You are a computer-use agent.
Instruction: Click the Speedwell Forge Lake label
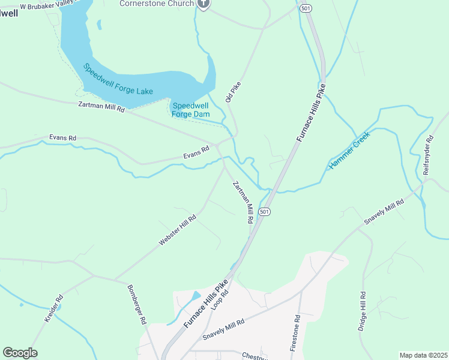click(x=118, y=79)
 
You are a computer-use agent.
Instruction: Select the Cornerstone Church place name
click(x=157, y=4)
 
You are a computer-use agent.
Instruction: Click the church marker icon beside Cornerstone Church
click(x=203, y=4)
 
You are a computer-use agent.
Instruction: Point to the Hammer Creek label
click(x=349, y=150)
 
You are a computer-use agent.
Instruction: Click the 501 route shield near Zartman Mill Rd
click(x=265, y=212)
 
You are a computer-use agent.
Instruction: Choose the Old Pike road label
click(x=233, y=92)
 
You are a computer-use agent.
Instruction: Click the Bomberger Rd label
click(x=137, y=304)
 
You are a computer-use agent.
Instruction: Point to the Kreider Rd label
click(x=54, y=308)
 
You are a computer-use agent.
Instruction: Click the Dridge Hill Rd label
click(x=362, y=312)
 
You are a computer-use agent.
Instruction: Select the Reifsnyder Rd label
click(x=428, y=155)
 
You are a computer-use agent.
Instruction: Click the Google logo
click(x=20, y=353)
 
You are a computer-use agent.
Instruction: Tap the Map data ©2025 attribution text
click(x=423, y=355)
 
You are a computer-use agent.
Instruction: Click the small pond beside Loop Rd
click(x=196, y=296)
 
